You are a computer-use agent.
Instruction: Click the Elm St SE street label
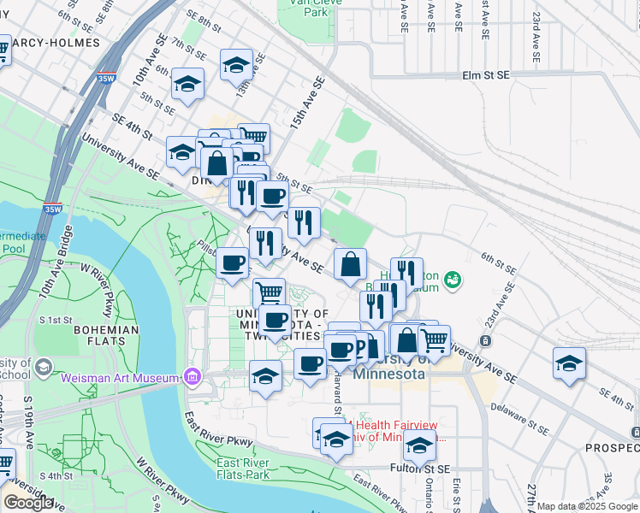(x=485, y=75)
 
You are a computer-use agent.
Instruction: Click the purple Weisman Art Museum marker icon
(x=192, y=377)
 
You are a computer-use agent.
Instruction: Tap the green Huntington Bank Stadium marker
(x=452, y=279)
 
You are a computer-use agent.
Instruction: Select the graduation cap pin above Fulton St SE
(x=419, y=446)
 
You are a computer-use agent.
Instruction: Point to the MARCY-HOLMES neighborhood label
(x=50, y=42)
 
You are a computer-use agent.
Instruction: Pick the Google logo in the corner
(x=28, y=503)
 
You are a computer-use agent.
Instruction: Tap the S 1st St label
(x=68, y=320)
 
